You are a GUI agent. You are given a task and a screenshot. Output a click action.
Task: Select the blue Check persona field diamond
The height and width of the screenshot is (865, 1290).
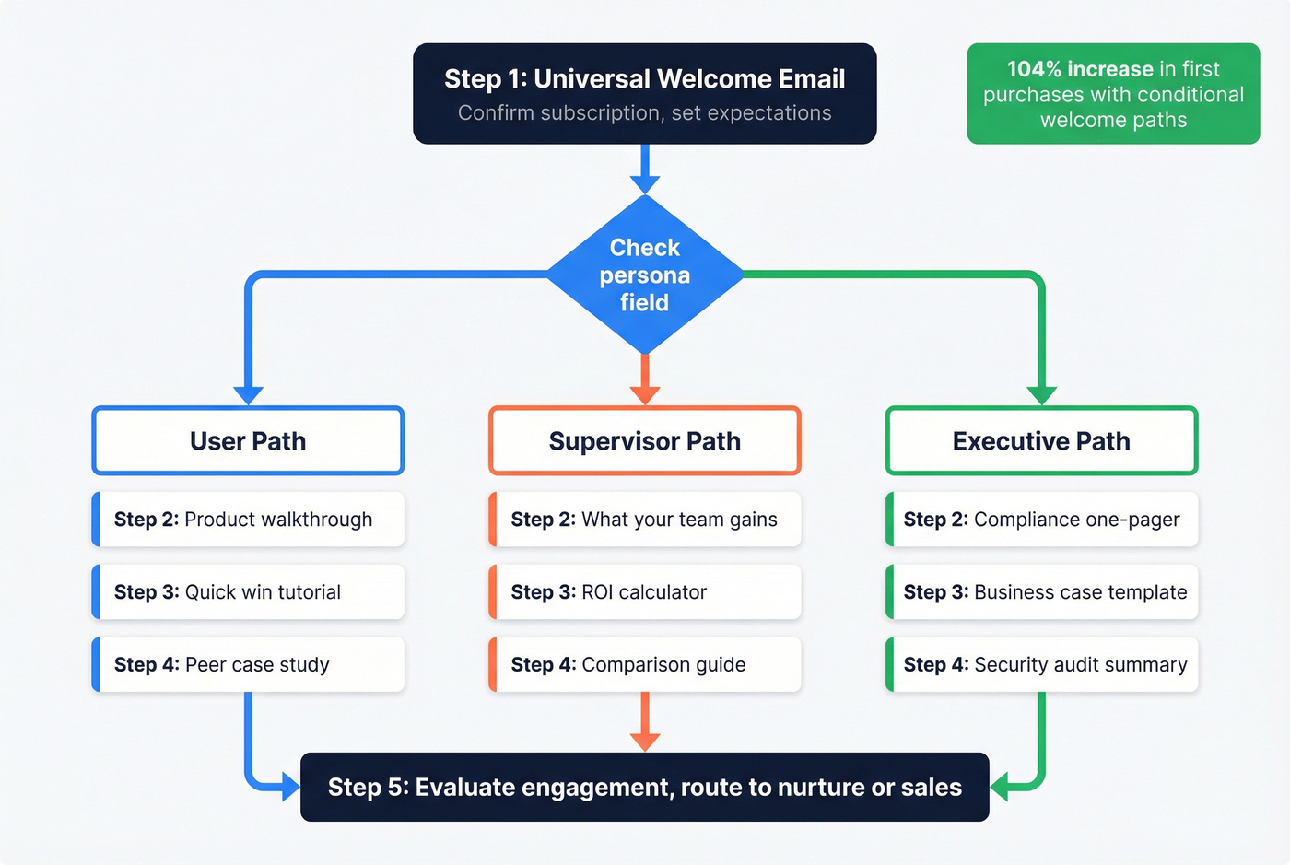(x=644, y=275)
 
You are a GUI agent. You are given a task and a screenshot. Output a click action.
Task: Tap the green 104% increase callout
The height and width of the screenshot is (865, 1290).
(x=1113, y=94)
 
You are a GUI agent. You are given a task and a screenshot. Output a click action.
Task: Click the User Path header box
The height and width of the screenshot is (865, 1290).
(x=248, y=441)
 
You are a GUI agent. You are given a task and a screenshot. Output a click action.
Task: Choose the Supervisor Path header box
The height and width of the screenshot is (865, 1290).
(x=644, y=441)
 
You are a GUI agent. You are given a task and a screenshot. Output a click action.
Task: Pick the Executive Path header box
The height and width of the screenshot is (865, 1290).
(x=1041, y=441)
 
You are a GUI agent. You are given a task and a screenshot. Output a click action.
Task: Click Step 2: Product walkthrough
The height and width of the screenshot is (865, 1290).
(x=248, y=520)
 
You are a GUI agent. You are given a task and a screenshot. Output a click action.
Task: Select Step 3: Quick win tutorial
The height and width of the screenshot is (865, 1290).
(x=248, y=592)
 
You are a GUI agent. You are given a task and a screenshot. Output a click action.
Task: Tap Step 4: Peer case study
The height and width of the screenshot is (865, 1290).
(x=248, y=665)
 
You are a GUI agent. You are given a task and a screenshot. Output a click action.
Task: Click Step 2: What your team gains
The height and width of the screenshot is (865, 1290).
(x=644, y=520)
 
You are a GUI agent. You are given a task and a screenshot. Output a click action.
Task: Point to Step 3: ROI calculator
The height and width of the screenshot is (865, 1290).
(x=644, y=592)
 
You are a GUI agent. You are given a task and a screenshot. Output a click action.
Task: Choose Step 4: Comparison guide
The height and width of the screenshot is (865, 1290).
(x=644, y=665)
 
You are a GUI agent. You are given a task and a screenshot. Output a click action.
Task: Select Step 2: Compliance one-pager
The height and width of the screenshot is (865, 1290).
(x=1041, y=520)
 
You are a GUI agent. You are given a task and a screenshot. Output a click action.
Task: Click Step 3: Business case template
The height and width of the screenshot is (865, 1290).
(x=1041, y=592)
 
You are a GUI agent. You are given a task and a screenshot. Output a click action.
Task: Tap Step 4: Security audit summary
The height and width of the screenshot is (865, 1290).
(x=1041, y=665)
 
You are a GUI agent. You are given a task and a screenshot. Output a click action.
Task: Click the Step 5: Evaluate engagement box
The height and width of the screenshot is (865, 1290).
(x=644, y=788)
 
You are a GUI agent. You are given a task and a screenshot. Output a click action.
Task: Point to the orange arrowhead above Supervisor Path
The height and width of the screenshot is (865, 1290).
(x=644, y=394)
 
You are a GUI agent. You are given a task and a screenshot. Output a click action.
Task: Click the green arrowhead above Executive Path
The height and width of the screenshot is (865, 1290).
(x=1041, y=395)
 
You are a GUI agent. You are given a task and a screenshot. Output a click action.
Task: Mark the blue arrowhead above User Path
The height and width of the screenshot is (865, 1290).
(x=248, y=395)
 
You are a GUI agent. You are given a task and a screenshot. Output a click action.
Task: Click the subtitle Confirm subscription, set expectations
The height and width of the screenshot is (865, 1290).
(x=644, y=113)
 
